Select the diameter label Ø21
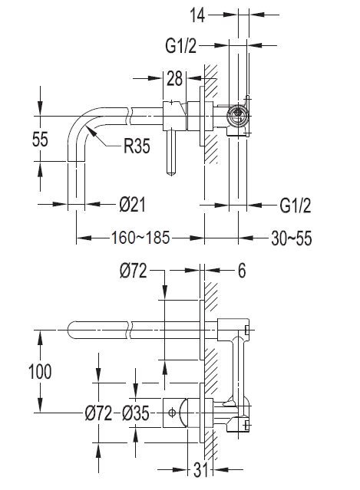coord(133,205)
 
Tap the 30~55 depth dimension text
coord(292,238)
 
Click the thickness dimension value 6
coord(240,271)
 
